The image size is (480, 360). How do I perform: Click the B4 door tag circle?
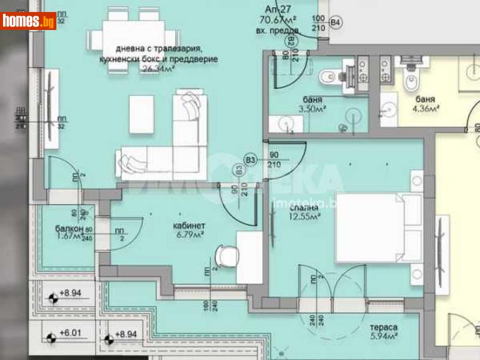tap(336, 23)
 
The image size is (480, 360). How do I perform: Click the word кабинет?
tap(189, 226)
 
